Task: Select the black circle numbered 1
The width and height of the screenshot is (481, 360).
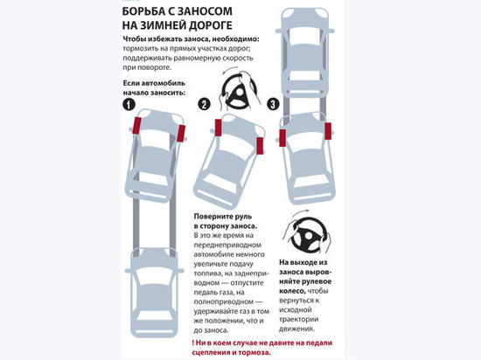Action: [129, 105]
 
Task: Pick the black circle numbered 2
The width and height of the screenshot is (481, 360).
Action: [204, 104]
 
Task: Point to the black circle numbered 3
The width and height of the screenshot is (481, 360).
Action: [273, 104]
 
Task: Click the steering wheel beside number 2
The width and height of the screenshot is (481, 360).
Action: [239, 92]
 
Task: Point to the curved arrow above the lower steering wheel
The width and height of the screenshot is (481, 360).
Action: [301, 212]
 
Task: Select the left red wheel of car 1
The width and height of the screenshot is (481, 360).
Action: [136, 126]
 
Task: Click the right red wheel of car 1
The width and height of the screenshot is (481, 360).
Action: [181, 134]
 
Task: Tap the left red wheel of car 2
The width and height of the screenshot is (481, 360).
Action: [218, 128]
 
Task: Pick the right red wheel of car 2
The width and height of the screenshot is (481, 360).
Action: [260, 146]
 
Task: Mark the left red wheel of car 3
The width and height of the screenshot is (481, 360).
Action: [282, 138]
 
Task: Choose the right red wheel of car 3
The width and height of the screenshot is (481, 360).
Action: [328, 131]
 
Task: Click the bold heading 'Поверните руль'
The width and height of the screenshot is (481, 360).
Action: [223, 217]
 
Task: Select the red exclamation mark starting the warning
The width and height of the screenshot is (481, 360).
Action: [193, 343]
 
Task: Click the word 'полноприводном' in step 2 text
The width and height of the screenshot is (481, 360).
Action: [224, 301]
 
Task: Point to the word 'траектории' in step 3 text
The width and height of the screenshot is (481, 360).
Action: [298, 320]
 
